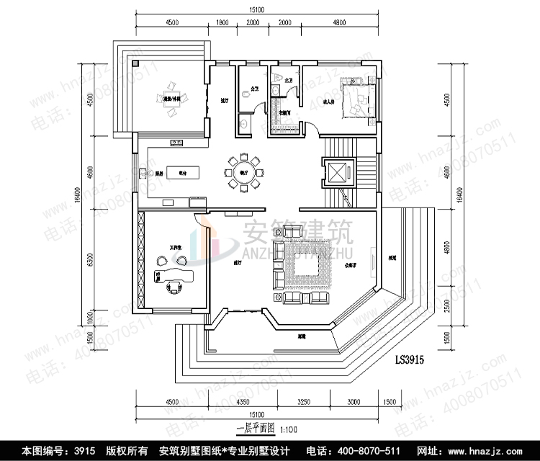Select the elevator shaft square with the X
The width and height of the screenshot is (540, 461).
pos(337,173)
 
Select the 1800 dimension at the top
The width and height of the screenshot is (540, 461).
pos(223,22)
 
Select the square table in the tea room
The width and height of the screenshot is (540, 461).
pos(171,103)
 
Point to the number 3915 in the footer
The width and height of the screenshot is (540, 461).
pos(83,451)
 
